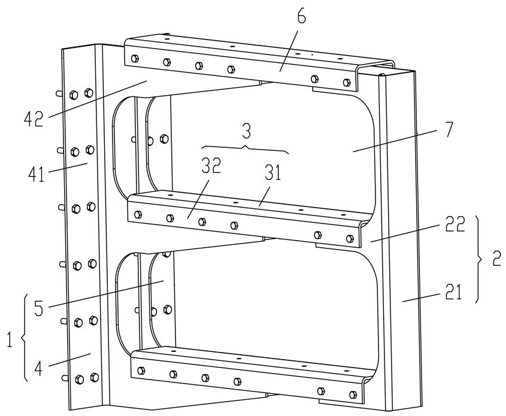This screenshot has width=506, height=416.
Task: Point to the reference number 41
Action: pos(36,174)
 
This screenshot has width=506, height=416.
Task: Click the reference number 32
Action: pos(211,165)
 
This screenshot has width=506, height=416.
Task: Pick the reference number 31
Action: pos(273,172)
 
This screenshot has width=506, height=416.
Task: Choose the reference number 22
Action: pos(455,224)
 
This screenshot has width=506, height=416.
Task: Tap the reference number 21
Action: pos(454,293)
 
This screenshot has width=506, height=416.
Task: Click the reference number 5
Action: pos(38,308)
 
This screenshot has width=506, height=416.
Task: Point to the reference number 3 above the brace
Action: pos(246,131)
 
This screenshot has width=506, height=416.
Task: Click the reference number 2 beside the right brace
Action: pos(496,259)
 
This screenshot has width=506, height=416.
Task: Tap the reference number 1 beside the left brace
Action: pos(10,340)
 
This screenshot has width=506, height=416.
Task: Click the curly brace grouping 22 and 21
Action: pos(480,259)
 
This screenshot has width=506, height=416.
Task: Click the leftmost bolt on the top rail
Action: pos(135,59)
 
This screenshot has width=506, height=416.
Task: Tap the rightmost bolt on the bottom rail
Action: pos(353,394)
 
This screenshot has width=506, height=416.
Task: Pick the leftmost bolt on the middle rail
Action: pos(138,214)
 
